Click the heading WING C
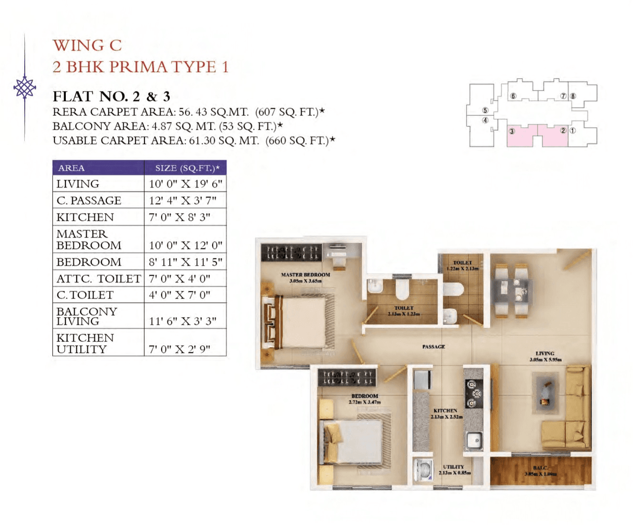click(x=87, y=46)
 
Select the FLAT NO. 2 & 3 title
click(x=111, y=96)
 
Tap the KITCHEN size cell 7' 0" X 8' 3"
click(x=180, y=217)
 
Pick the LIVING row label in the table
click(x=78, y=184)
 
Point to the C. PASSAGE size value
click(x=182, y=200)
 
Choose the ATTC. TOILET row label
click(x=98, y=279)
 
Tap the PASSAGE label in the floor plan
click(x=433, y=347)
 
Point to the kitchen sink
click(x=474, y=439)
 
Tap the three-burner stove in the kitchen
click(x=473, y=394)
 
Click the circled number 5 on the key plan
click(x=485, y=110)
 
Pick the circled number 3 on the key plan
click(x=512, y=131)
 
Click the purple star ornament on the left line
click(x=25, y=88)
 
